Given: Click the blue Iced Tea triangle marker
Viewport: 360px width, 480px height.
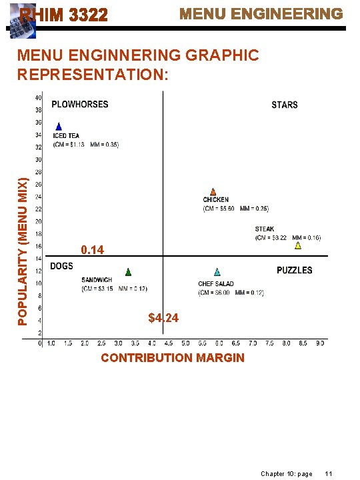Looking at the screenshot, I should click(x=59, y=127).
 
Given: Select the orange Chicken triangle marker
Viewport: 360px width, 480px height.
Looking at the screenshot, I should click(x=213, y=192).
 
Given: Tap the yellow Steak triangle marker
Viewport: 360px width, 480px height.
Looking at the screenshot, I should click(x=298, y=245).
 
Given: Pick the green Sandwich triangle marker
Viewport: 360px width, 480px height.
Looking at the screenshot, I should click(x=128, y=272).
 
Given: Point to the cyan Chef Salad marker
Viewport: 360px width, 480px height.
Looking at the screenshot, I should click(x=217, y=272).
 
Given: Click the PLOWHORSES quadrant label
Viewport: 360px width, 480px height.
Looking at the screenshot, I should click(x=80, y=104).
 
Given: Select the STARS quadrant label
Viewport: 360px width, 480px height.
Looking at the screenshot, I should click(x=285, y=105).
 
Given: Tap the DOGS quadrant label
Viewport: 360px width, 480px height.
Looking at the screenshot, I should click(x=62, y=267).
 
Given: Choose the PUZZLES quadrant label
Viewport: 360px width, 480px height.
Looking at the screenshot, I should click(x=294, y=270).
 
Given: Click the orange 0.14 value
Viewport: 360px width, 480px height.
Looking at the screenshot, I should click(x=92, y=250).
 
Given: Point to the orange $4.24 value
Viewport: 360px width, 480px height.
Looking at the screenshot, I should click(x=163, y=318).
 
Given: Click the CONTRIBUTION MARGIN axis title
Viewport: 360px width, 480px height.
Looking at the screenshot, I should click(x=173, y=358).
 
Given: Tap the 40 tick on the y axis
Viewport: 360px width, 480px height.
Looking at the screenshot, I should click(x=39, y=98).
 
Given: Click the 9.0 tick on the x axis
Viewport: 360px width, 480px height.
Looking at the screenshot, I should click(x=321, y=343).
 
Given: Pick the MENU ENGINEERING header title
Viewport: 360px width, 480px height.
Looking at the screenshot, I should click(x=261, y=14).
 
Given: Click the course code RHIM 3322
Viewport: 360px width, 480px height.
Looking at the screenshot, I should click(x=63, y=15).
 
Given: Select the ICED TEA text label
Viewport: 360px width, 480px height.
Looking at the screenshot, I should click(x=66, y=136).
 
